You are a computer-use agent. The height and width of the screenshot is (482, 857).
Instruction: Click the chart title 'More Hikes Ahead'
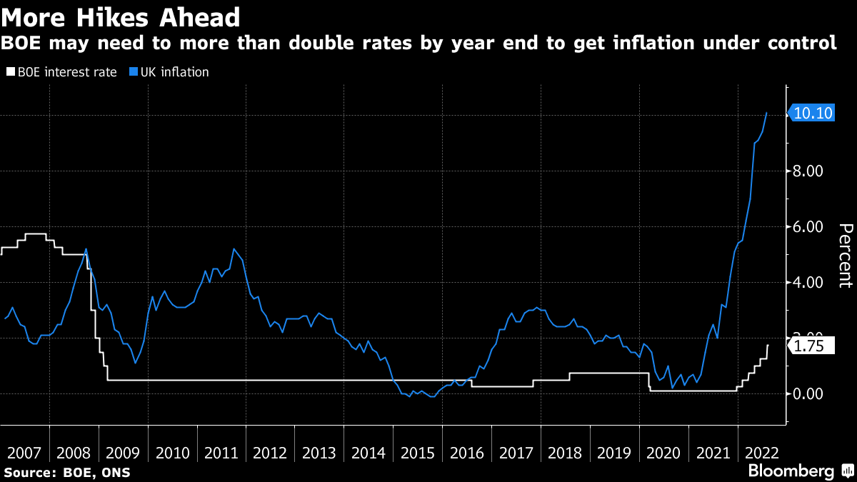(121, 15)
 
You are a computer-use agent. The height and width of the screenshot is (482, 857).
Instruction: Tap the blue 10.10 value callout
(813, 113)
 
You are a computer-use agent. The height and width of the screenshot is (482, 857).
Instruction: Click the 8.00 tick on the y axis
(809, 171)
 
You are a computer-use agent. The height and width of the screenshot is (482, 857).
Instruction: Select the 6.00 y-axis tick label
(809, 227)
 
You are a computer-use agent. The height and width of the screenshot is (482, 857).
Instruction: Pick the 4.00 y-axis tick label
(809, 283)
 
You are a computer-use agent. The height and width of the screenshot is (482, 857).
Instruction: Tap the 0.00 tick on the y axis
(809, 393)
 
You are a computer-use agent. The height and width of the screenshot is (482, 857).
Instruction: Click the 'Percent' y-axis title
(844, 255)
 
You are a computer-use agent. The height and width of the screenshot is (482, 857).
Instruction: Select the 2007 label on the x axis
(24, 453)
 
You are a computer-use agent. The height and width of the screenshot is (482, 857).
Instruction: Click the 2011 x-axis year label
(222, 453)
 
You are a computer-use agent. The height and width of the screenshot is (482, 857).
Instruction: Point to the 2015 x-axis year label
(418, 453)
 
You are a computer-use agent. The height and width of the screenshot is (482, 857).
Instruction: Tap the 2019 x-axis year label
(615, 453)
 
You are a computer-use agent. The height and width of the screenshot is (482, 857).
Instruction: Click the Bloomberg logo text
(791, 471)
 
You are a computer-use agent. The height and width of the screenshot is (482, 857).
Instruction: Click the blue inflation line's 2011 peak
(234, 248)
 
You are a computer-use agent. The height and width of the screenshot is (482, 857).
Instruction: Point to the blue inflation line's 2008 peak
(86, 248)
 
